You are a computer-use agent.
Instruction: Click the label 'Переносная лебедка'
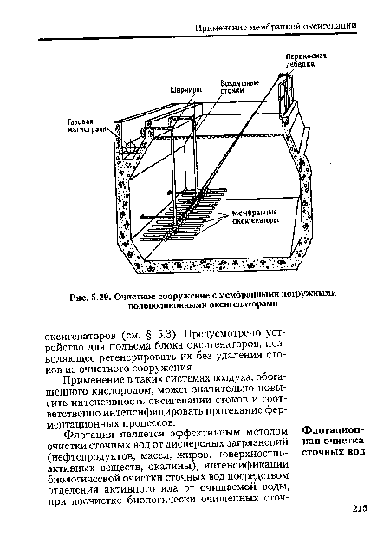pyautogui.click(x=306, y=56)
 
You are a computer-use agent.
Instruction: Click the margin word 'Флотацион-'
pyautogui.click(x=331, y=431)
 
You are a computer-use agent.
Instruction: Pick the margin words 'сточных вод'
pyautogui.click(x=332, y=455)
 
